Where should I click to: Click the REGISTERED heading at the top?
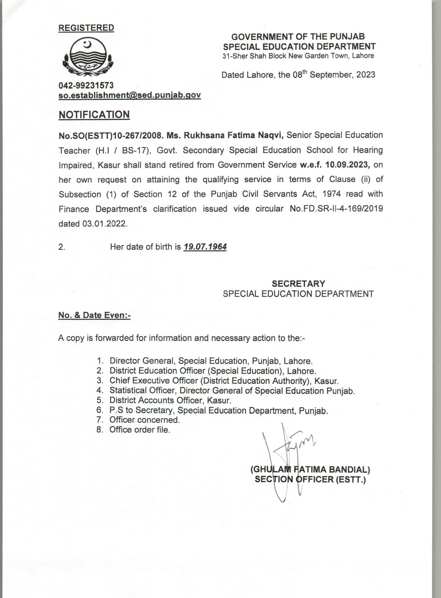tap(86, 28)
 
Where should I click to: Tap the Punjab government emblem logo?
tap(88, 57)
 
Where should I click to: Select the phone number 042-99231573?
tap(86, 85)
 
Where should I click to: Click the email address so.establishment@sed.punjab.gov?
tap(129, 95)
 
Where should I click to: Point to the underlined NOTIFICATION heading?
tap(94, 114)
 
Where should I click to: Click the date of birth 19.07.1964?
tap(205, 247)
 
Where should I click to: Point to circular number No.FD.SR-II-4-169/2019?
tap(336, 209)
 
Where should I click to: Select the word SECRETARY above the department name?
tap(298, 283)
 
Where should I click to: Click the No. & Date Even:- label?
tap(94, 315)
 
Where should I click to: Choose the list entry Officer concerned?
tap(144, 420)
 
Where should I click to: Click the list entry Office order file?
tap(140, 430)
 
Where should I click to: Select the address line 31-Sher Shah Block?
tap(298, 56)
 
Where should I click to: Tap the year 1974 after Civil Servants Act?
tap(332, 194)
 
